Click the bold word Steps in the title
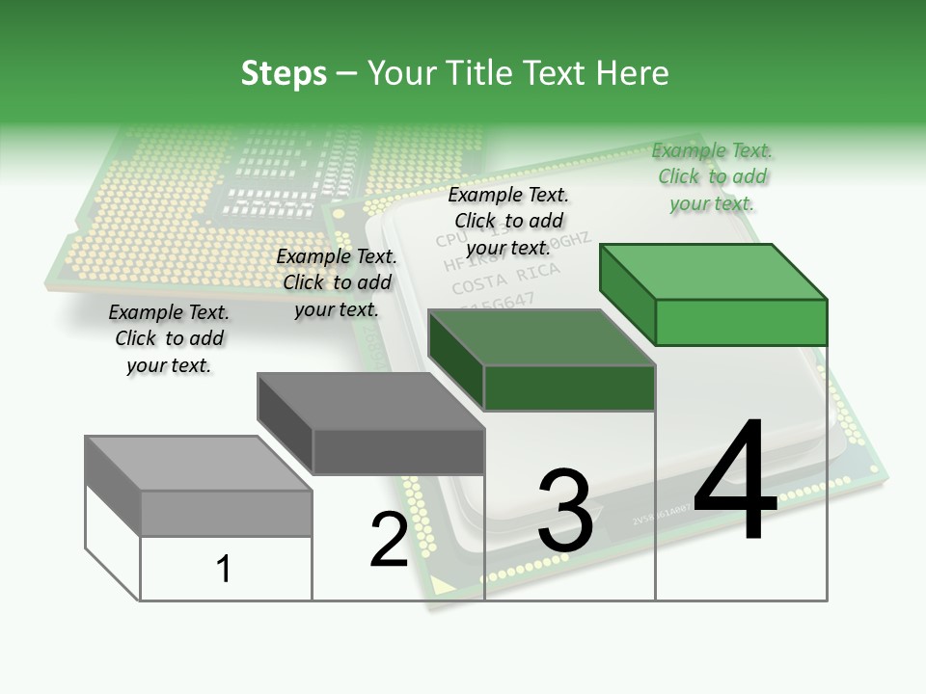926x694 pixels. point(284,73)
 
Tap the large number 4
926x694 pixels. point(735,482)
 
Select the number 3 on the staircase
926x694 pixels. point(565,511)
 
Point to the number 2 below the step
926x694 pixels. point(389,540)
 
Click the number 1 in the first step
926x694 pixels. point(224,569)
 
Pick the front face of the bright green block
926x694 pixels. point(741,322)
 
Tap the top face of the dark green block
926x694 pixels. point(540,337)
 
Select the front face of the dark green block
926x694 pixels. point(569,387)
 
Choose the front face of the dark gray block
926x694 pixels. point(398,451)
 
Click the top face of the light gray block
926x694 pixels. point(198,464)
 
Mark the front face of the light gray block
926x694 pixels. point(227,514)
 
